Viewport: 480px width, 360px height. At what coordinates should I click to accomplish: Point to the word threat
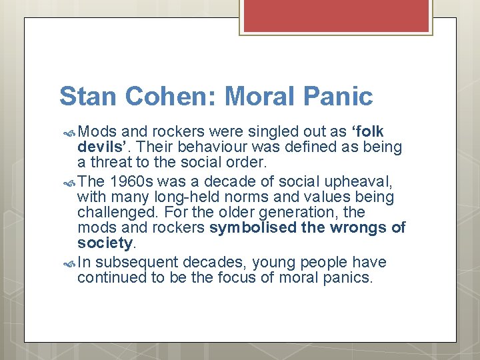coord(115,162)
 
